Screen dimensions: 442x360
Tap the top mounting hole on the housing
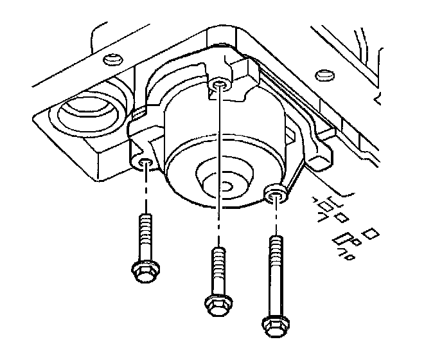220,84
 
